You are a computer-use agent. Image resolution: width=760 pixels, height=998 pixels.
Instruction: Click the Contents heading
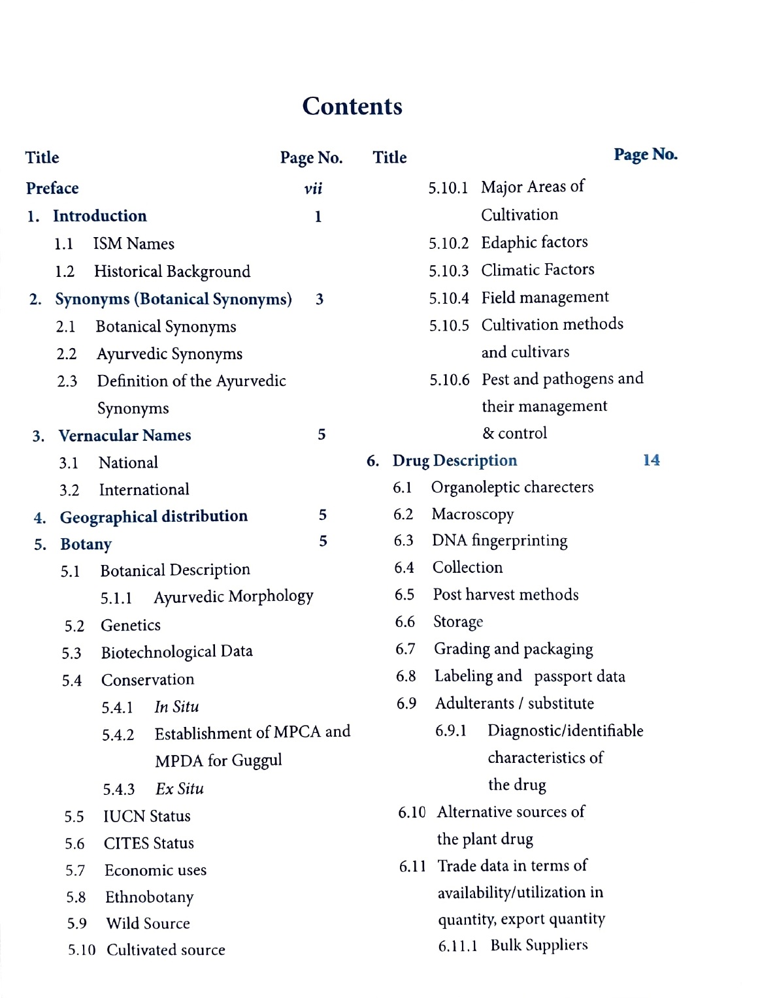352,106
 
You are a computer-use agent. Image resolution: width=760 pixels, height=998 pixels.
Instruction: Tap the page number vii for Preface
313,189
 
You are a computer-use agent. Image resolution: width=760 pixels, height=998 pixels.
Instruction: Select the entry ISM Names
133,244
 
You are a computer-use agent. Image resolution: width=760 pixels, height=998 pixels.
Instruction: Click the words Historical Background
172,271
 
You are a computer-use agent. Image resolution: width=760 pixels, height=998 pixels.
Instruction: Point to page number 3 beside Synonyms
320,299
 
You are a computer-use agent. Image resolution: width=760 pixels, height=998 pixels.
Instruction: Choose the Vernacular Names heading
125,435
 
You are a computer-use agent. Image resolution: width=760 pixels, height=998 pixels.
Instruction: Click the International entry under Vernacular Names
144,489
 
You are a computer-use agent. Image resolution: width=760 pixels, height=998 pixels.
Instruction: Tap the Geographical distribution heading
154,517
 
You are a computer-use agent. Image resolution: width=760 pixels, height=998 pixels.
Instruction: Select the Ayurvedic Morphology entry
233,597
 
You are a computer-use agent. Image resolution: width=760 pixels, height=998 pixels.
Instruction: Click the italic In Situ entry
176,707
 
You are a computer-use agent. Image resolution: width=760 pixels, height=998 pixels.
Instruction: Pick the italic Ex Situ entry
179,789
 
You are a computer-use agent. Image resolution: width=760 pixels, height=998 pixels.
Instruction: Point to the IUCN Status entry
147,816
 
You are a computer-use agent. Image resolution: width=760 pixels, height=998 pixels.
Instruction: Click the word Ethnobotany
149,897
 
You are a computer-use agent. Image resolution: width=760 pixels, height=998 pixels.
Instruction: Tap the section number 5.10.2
448,244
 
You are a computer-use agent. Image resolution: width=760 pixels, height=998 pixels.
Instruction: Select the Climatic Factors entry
538,270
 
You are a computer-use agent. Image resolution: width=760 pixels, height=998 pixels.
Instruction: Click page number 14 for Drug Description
652,460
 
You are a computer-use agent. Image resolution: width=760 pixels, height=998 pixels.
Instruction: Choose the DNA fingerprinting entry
499,541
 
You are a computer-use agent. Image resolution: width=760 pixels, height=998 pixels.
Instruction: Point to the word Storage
458,622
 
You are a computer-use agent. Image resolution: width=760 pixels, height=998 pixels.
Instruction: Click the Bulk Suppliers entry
539,945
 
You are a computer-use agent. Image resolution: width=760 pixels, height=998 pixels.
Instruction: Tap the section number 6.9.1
451,730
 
